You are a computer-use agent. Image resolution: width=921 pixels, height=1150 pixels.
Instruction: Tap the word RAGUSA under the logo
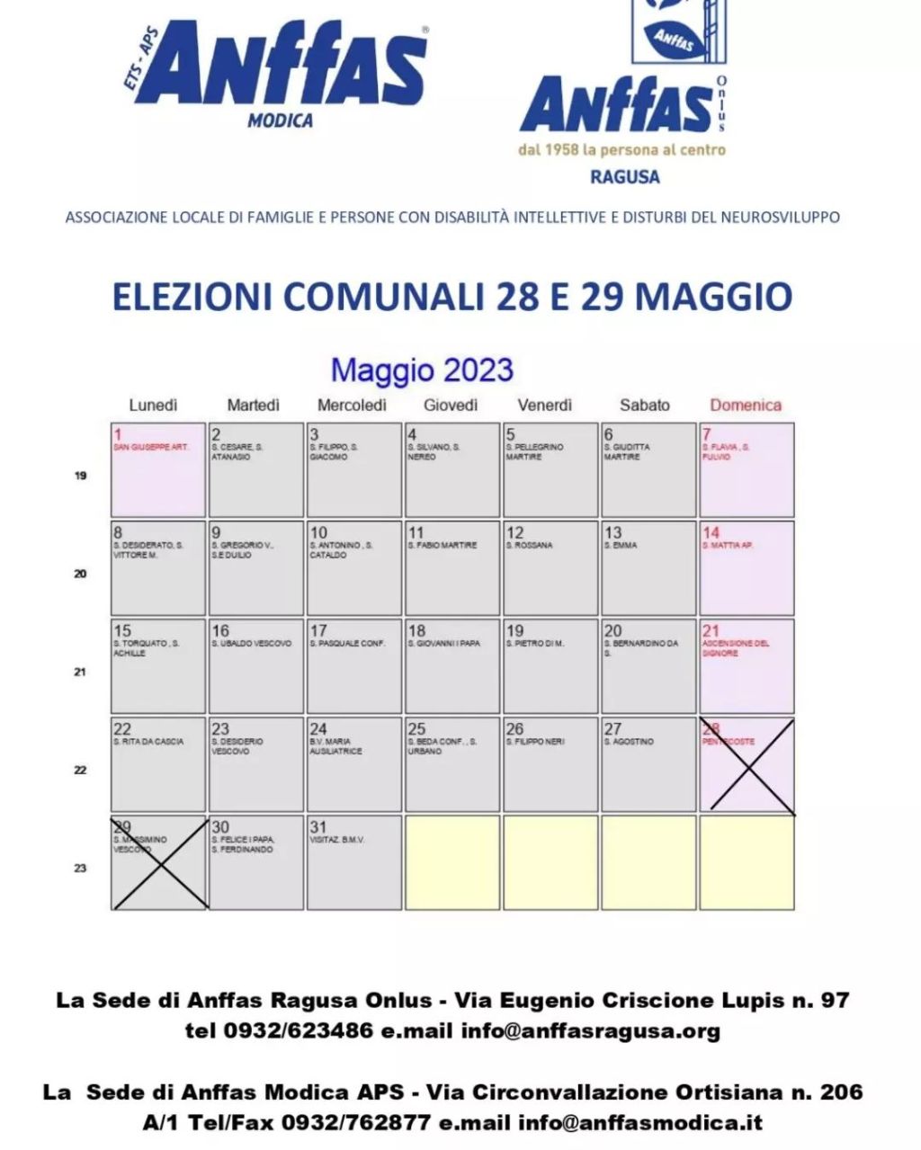[x=625, y=176]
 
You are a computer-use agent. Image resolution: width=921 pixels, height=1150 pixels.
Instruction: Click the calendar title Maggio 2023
[x=422, y=370]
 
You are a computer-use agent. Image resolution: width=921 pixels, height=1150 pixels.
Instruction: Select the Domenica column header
[x=746, y=406]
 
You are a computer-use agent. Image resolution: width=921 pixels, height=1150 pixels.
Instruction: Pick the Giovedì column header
[x=451, y=406]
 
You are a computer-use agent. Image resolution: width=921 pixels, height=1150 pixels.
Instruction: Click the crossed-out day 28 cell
[x=747, y=765]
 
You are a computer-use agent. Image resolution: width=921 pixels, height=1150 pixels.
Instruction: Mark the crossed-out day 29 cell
[x=158, y=862]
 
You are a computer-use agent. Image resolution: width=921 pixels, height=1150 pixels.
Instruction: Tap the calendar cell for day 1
[x=158, y=470]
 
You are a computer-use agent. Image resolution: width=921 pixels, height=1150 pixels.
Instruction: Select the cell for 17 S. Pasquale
[x=353, y=666]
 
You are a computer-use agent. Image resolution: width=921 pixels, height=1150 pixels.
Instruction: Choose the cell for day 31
[x=353, y=862]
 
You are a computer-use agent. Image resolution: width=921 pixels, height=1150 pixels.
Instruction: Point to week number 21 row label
[x=80, y=672]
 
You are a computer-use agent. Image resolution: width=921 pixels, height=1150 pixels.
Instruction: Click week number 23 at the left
[x=80, y=868]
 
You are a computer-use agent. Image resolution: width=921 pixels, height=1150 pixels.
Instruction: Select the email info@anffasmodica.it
[x=640, y=1122]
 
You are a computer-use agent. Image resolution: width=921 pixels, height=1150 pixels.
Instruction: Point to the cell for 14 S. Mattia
[x=747, y=568]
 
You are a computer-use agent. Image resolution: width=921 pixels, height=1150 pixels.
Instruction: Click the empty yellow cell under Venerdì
[x=550, y=862]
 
